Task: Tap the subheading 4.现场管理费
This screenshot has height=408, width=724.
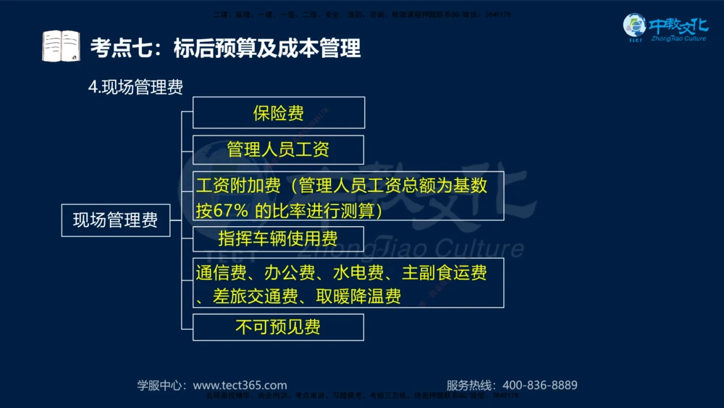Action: pos(135,87)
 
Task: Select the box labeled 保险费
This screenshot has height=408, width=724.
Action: pos(278,112)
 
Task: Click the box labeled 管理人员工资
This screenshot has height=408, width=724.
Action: pos(278,150)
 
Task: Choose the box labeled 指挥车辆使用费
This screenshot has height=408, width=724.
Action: pos(278,238)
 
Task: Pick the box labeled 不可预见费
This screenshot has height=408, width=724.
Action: pos(278,327)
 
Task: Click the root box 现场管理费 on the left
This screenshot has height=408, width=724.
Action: pos(115,220)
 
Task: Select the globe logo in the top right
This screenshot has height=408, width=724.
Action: pos(635,28)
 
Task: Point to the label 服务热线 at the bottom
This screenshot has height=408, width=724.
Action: pos(470,386)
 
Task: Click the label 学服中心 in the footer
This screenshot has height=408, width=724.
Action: pos(161,386)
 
